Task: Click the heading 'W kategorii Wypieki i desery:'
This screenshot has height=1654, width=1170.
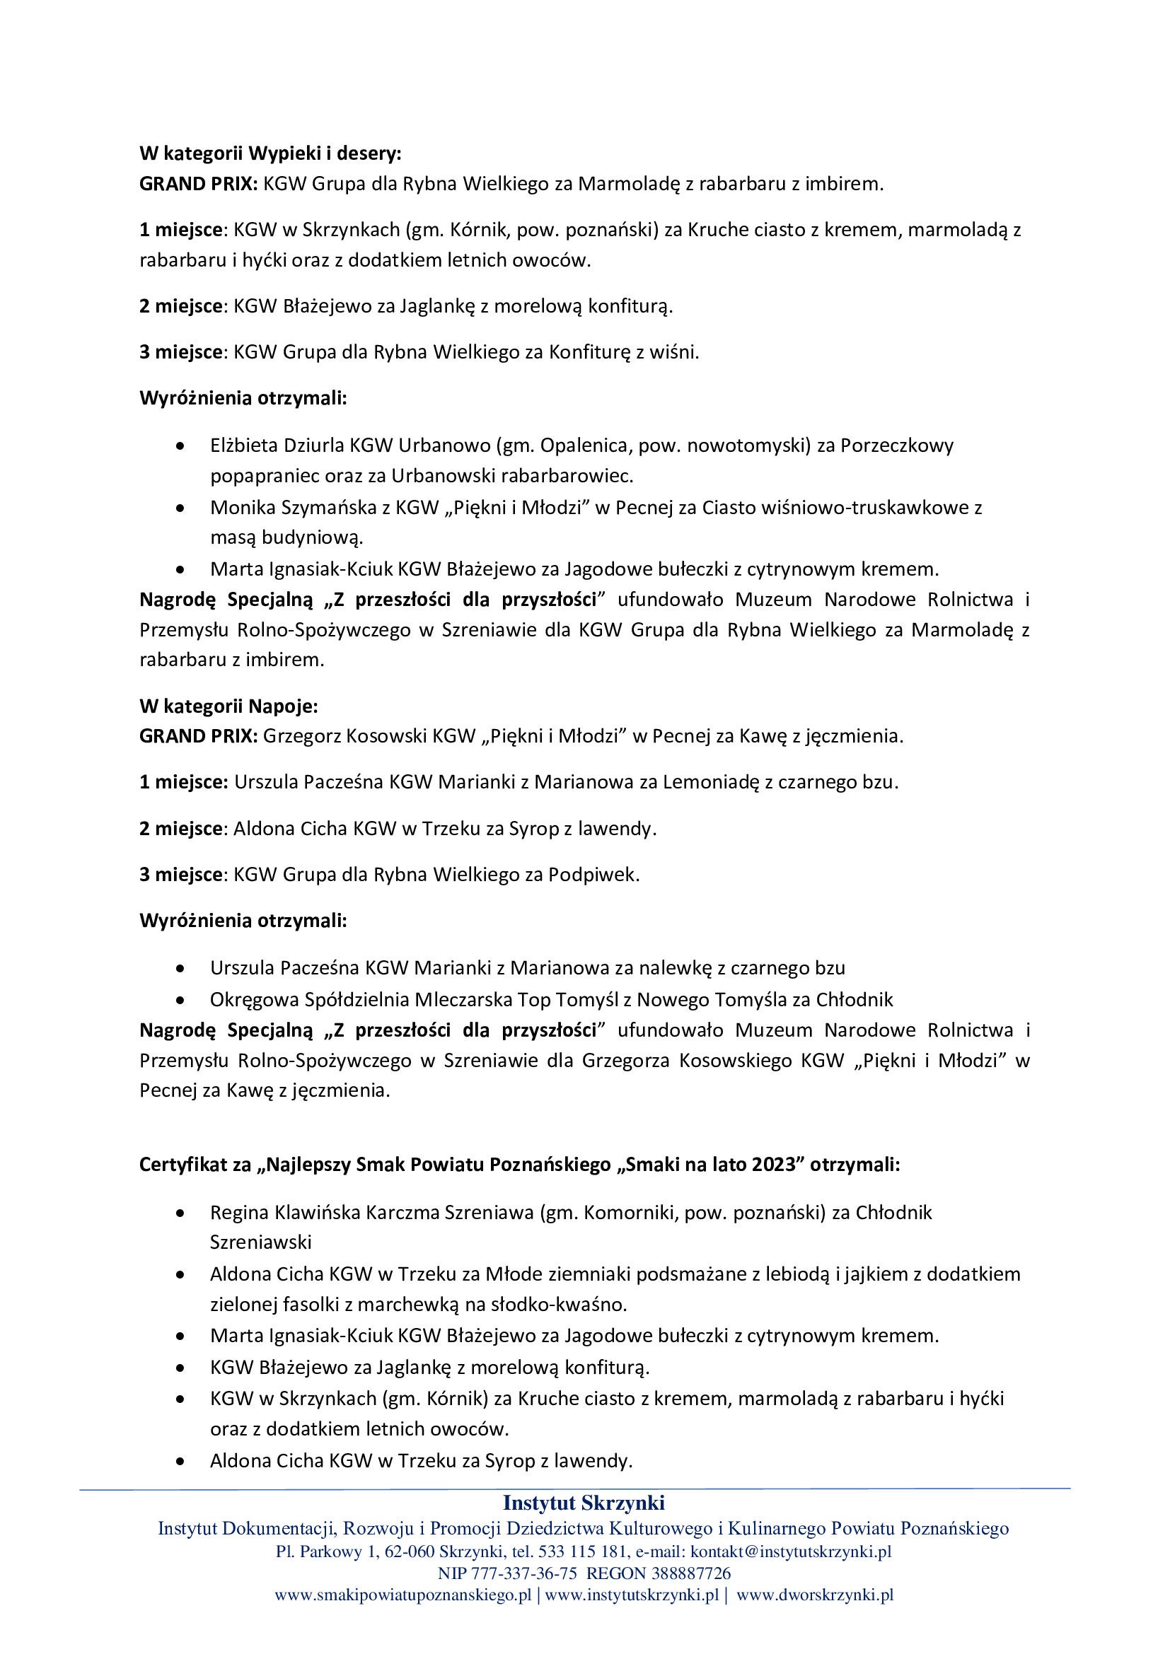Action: pos(270,153)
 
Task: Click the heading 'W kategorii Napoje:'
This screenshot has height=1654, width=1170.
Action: pos(228,706)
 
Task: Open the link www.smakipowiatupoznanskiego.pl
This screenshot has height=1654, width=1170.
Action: pos(402,1595)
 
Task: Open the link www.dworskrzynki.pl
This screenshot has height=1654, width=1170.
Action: pos(815,1595)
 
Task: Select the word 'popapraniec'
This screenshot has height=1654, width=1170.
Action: pos(264,476)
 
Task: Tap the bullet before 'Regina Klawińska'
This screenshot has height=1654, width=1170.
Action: pos(180,1213)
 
